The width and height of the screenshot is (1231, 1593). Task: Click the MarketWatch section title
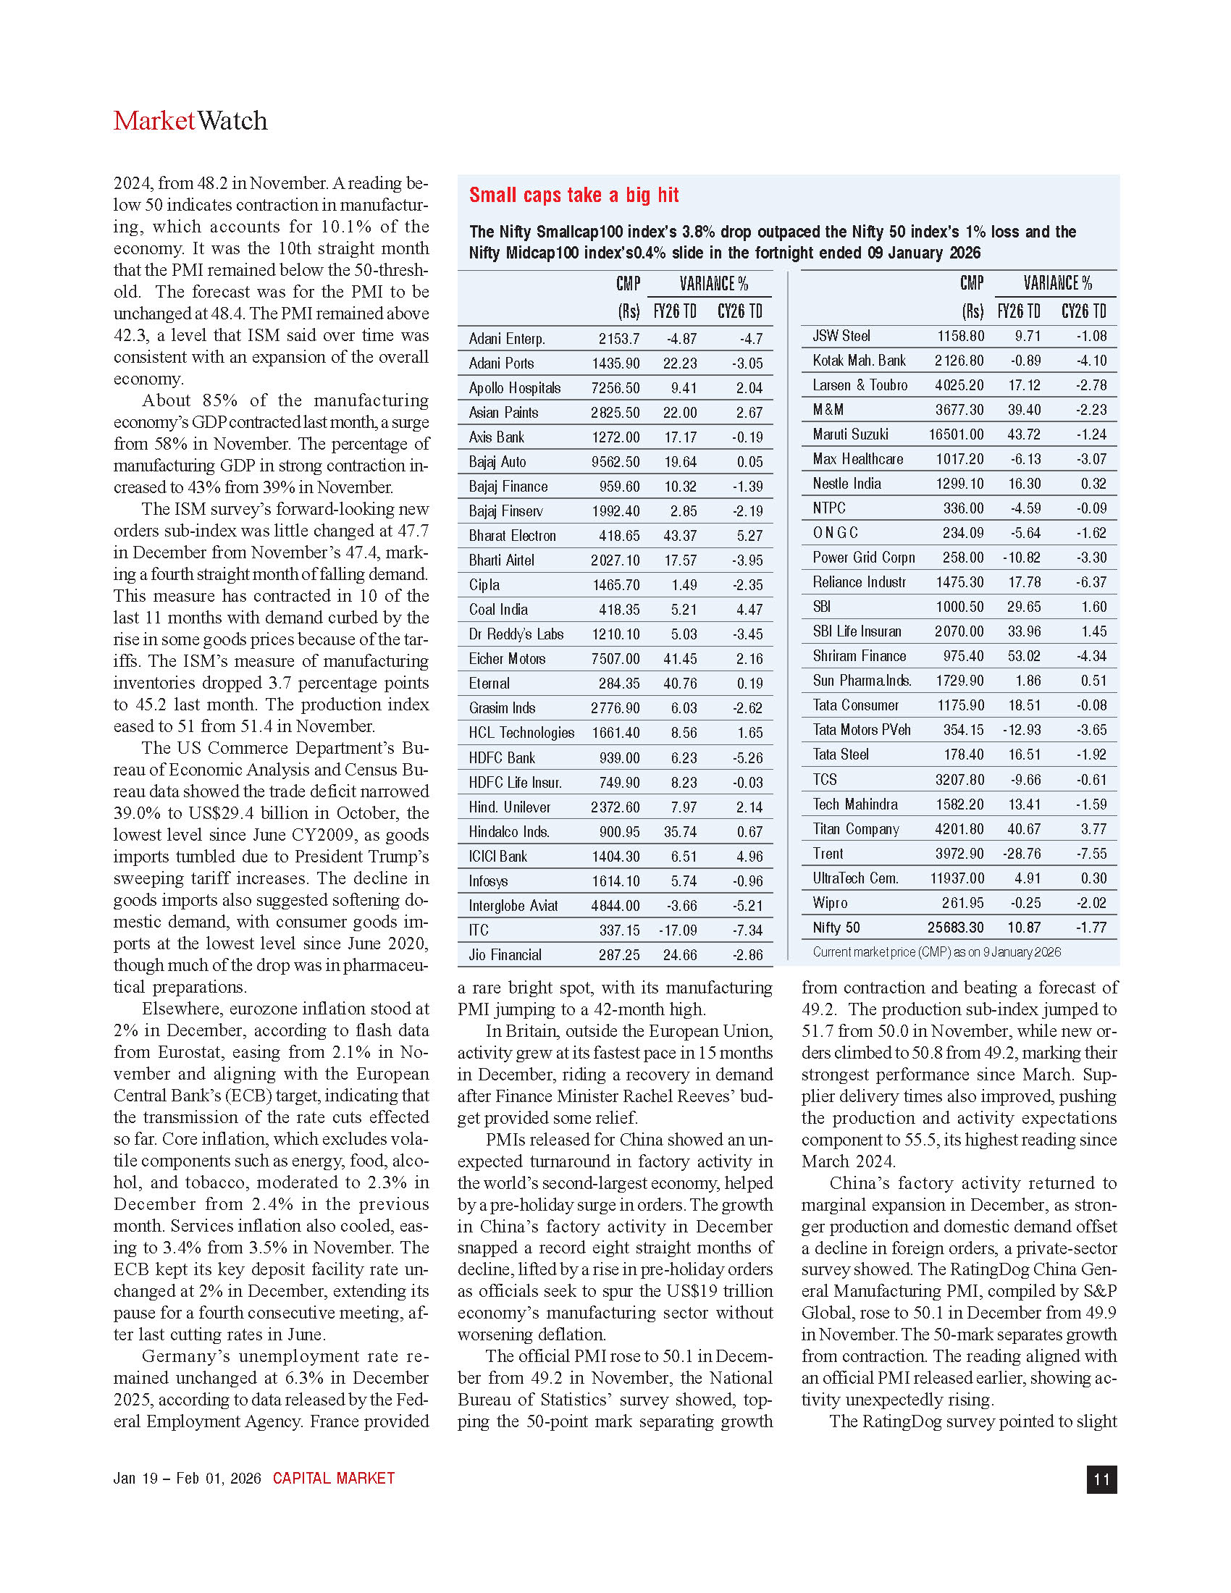[190, 121]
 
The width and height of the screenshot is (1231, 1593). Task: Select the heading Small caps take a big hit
[574, 196]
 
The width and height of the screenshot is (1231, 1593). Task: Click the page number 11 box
[1101, 1479]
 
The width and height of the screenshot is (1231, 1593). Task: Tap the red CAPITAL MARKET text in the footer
[333, 1479]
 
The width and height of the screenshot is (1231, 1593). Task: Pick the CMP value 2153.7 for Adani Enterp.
[619, 339]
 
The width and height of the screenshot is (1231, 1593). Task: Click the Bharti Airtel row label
[502, 560]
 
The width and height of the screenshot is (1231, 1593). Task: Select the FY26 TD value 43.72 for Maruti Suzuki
[1024, 434]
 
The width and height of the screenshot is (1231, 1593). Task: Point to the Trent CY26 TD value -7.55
[1091, 854]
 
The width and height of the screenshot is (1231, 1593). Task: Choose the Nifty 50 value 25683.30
[955, 928]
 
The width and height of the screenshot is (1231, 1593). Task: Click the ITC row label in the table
[479, 930]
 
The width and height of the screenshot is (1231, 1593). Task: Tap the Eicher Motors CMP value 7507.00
[615, 660]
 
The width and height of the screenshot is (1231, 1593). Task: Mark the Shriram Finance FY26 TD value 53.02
[1024, 657]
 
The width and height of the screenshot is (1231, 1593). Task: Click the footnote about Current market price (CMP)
[936, 952]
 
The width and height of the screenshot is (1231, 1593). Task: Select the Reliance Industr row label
[859, 582]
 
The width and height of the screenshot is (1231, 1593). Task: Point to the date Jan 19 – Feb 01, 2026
[188, 1479]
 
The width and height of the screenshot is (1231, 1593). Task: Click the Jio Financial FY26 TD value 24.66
[680, 955]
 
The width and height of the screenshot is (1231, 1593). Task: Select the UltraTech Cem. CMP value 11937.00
[957, 879]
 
